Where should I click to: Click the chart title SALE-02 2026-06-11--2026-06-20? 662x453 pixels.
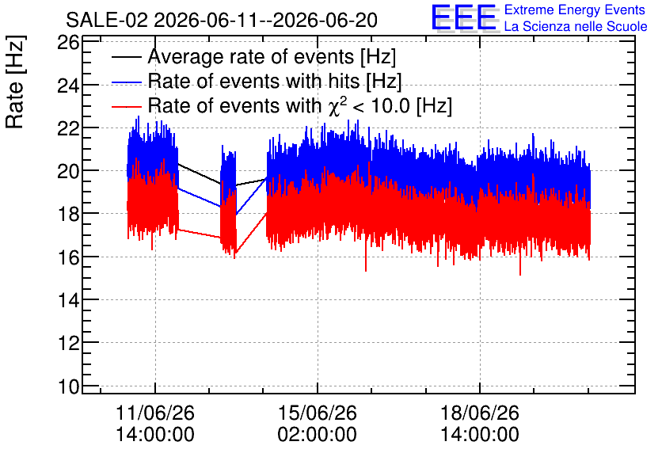click(222, 21)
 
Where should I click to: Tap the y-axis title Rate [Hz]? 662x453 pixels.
click(15, 82)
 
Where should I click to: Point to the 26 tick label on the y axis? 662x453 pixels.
click(68, 43)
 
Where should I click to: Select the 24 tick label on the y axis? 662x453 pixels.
click(68, 86)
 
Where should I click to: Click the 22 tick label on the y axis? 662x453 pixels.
click(68, 128)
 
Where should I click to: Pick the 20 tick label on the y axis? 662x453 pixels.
click(68, 171)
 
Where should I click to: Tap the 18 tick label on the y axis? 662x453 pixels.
click(68, 215)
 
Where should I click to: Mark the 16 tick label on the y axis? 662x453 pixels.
click(68, 257)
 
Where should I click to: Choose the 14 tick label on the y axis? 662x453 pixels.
click(68, 300)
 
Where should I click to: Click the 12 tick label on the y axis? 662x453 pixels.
click(68, 343)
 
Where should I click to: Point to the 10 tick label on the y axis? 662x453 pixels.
click(68, 386)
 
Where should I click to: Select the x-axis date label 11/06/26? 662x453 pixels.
click(155, 413)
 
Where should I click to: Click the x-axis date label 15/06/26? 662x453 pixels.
click(317, 413)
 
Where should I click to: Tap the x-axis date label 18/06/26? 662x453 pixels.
click(480, 413)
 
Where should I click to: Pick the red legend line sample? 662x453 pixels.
click(126, 106)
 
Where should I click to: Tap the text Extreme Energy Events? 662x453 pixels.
click(575, 10)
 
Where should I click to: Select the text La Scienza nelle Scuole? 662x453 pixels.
click(576, 26)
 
